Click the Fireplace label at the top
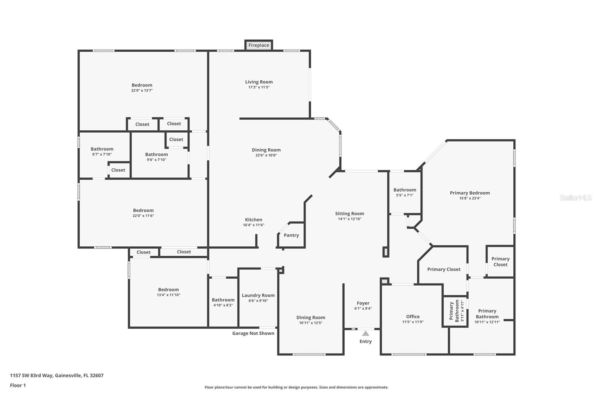(259, 45)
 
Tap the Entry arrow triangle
(366, 333)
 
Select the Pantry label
(291, 235)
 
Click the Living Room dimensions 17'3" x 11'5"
(259, 87)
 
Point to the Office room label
(413, 316)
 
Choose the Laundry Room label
(258, 295)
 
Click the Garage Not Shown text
(253, 333)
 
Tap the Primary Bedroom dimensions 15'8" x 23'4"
(470, 198)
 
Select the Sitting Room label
(349, 213)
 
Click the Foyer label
(363, 303)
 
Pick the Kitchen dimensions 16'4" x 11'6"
(254, 225)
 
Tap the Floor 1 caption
(18, 385)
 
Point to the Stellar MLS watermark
(575, 198)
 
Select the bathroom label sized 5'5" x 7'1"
(405, 190)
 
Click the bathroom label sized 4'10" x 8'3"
(223, 300)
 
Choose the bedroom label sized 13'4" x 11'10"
(169, 289)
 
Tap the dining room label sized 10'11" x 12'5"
(311, 318)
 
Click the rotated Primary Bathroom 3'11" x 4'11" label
(454, 311)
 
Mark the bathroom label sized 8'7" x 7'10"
(102, 149)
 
